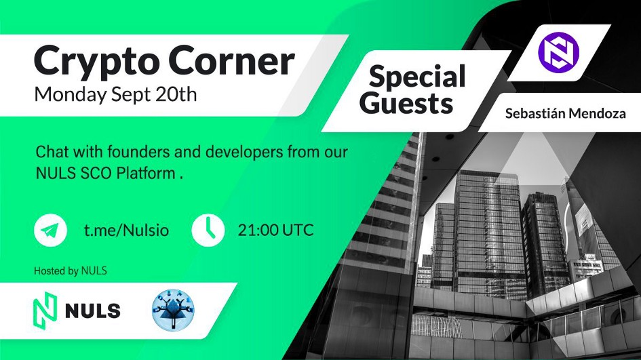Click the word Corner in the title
[x=232, y=61]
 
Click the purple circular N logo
[x=558, y=52]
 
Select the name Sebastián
[x=535, y=113]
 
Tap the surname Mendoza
[x=596, y=113]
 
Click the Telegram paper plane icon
[x=51, y=230]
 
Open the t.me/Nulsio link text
[x=126, y=230]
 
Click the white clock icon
[x=208, y=230]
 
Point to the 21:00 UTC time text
[x=275, y=230]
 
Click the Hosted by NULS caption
[x=71, y=271]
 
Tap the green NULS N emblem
[x=45, y=310]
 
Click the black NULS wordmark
[x=93, y=311]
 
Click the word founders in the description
[x=138, y=153]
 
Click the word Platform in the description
[x=146, y=174]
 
